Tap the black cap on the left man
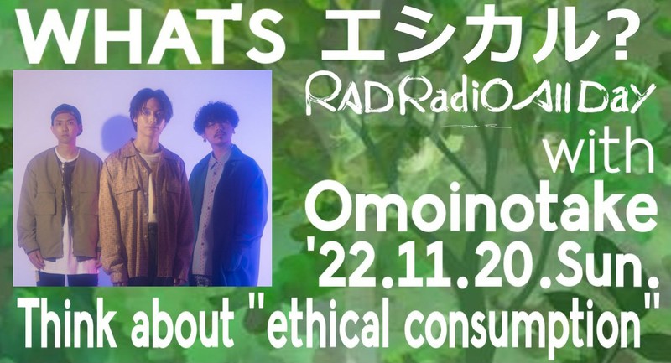coord(65,112)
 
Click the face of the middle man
coord(149,118)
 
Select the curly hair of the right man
coord(216,114)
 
